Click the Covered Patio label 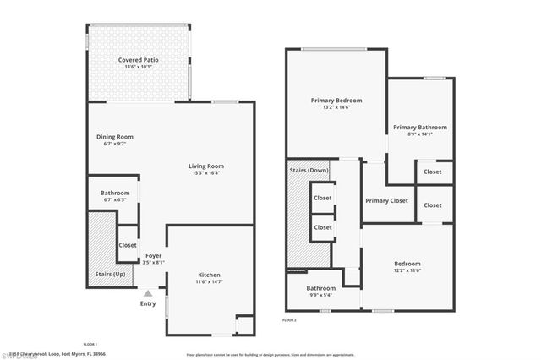pos(139,61)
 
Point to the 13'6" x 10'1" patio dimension pos(139,68)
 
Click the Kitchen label pos(209,275)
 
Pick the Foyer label pos(153,255)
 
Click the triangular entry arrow pos(148,292)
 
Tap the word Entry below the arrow pos(148,303)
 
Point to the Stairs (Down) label pos(309,170)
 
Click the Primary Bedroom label pos(336,100)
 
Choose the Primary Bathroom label pos(420,128)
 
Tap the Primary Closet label pos(387,200)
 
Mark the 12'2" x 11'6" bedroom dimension pos(407,271)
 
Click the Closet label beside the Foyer pos(128,245)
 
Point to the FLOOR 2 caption pos(289,320)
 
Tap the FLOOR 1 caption pos(90,344)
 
